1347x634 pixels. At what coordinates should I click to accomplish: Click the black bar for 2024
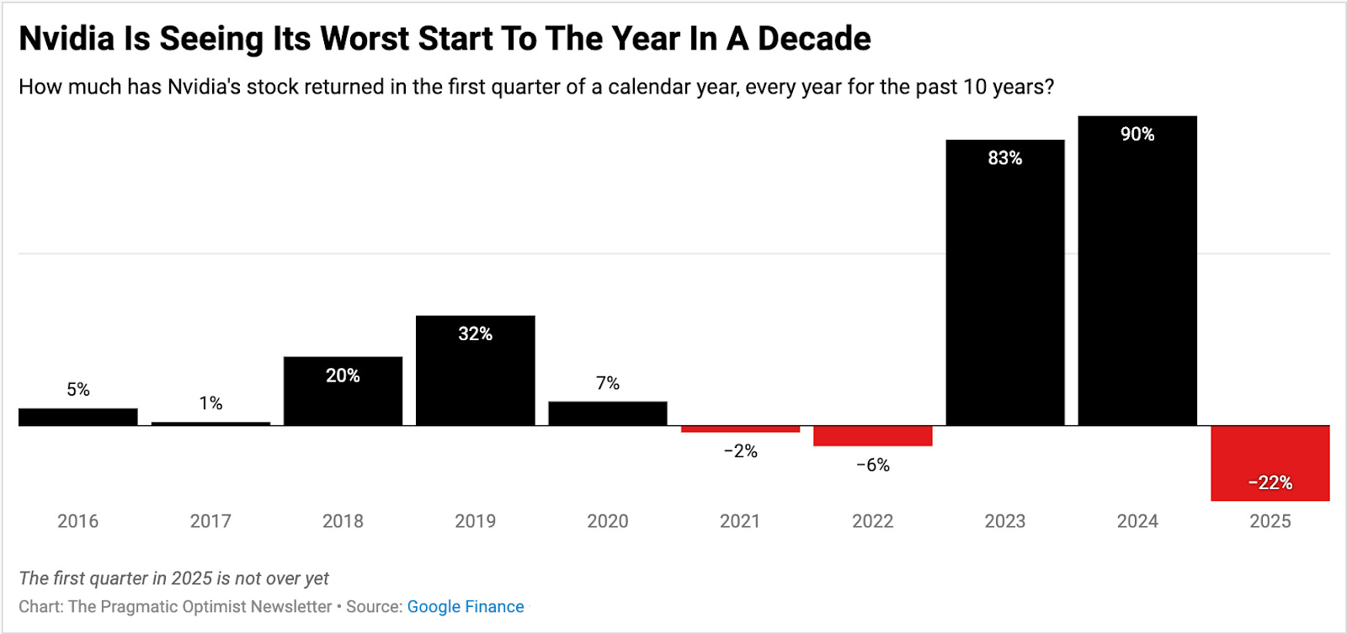(x=1137, y=278)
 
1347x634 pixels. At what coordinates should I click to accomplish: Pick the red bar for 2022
(x=872, y=435)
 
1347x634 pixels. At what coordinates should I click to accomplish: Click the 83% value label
(x=1004, y=158)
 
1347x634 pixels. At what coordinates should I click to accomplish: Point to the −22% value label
(x=1270, y=483)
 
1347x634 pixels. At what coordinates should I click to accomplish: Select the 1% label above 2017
(x=210, y=403)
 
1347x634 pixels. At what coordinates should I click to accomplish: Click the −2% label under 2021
(x=740, y=451)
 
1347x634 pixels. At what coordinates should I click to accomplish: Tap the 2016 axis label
(x=77, y=521)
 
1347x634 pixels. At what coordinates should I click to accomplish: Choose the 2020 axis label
(x=607, y=521)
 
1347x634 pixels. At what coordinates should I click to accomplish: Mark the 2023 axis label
(x=1004, y=521)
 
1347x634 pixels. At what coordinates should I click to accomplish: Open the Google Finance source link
(x=465, y=606)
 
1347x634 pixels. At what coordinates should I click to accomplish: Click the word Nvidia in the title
(x=66, y=39)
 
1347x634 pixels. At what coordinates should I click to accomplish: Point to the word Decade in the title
(x=813, y=39)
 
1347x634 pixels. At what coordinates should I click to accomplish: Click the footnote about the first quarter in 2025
(x=173, y=578)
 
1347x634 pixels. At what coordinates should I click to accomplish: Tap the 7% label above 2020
(x=607, y=384)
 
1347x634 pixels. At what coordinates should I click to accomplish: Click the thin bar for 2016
(x=77, y=417)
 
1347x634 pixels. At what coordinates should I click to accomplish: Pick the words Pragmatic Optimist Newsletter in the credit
(x=216, y=606)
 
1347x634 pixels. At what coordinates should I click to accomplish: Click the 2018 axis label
(x=343, y=521)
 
